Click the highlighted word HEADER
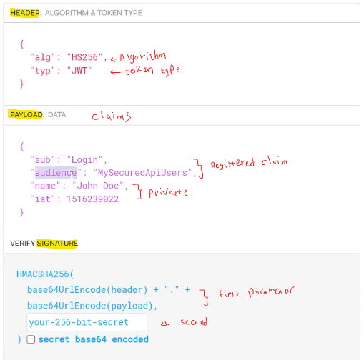tap(24, 13)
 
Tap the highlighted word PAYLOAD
tap(26, 115)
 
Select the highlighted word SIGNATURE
tap(57, 244)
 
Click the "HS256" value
tap(84, 57)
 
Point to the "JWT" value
tap(79, 71)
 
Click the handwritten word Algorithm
tap(142, 56)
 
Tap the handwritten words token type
tap(152, 71)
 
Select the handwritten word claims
tap(112, 116)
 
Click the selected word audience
tap(56, 173)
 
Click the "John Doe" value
tap(98, 186)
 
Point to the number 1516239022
tap(92, 199)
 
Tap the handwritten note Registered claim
tap(249, 163)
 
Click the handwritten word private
tap(168, 193)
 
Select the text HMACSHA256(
tap(45, 274)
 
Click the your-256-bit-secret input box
tap(87, 322)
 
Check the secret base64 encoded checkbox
tap(31, 339)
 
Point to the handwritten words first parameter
tap(257, 292)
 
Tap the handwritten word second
tap(194, 322)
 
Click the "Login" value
tap(85, 160)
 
